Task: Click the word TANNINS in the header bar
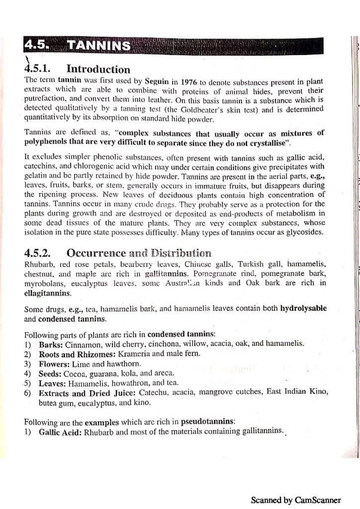tap(99, 46)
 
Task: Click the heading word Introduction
tap(98, 69)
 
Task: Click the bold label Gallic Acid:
tap(60, 431)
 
